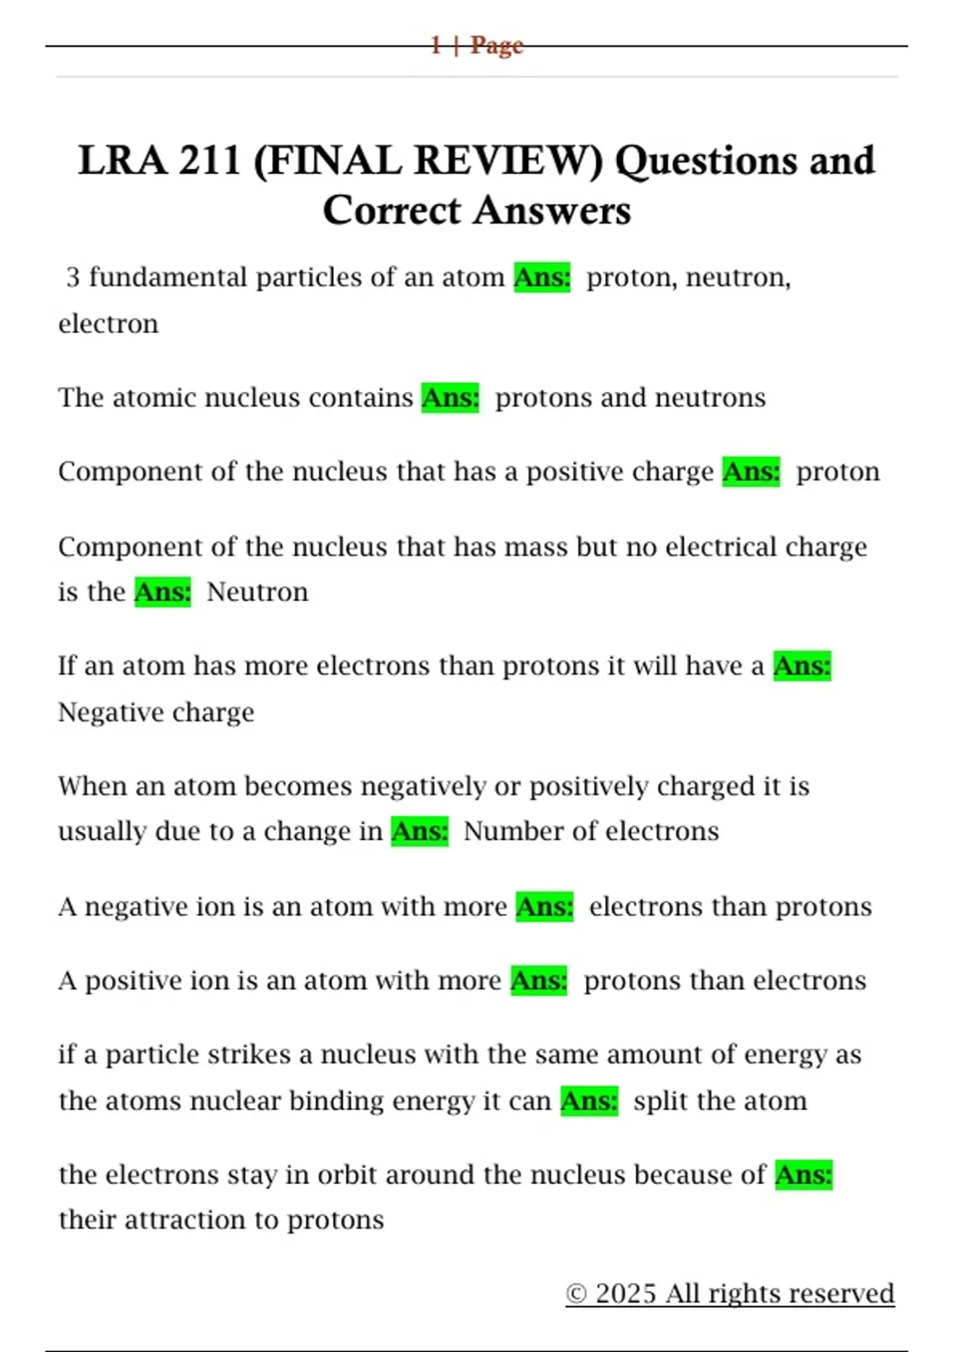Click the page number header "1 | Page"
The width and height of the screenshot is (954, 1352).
(x=477, y=45)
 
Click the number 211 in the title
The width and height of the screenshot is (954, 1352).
(x=210, y=161)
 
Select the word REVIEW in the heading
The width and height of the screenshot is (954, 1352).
(x=508, y=161)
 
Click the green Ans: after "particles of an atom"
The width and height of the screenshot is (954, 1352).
(x=542, y=278)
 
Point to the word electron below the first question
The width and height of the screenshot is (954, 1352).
(x=108, y=324)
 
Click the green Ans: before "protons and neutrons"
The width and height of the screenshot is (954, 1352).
(x=451, y=398)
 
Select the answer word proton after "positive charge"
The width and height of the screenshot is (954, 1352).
(x=838, y=472)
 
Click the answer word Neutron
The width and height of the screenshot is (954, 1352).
(x=257, y=592)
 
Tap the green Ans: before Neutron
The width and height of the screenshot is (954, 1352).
(x=163, y=592)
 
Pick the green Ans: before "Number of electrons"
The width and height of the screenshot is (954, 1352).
(x=420, y=832)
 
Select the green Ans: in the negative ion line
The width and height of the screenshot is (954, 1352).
(x=545, y=907)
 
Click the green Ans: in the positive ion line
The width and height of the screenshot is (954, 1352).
(x=539, y=981)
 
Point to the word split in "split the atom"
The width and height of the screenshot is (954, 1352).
(x=661, y=1101)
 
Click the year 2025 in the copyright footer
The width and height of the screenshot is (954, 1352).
(x=626, y=1294)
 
